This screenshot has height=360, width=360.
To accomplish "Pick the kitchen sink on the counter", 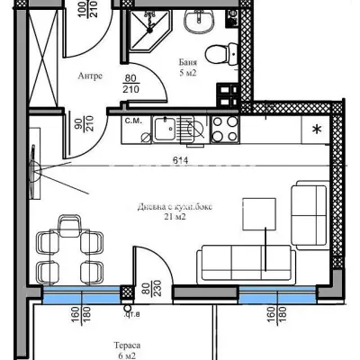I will click(164, 130).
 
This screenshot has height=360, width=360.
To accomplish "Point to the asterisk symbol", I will click(316, 129).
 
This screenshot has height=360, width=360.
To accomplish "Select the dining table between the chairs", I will click(66, 244).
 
